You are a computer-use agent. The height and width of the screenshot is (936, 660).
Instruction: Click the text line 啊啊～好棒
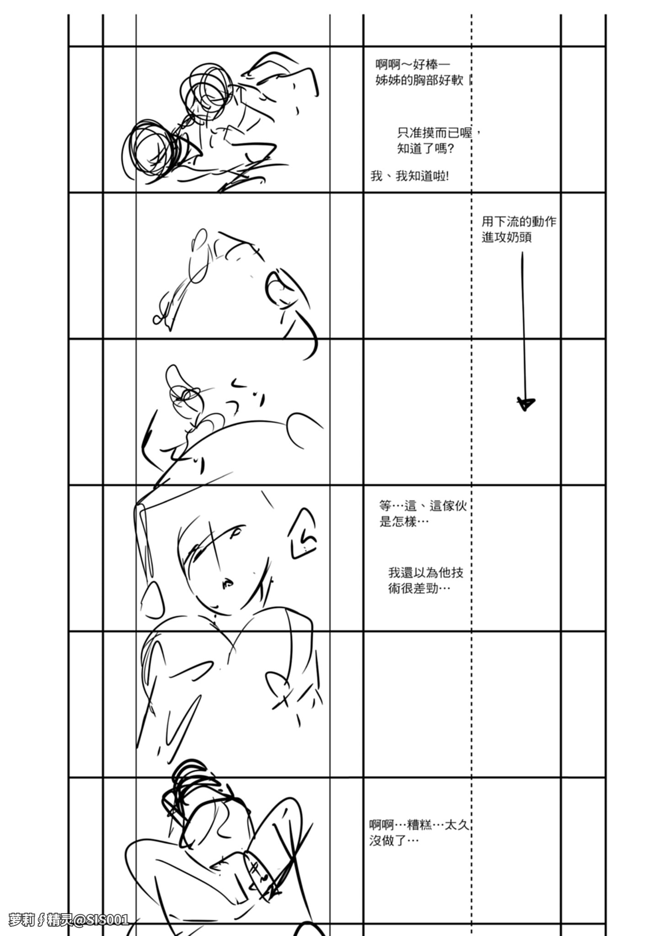[413, 64]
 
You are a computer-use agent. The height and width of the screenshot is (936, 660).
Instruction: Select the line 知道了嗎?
[425, 149]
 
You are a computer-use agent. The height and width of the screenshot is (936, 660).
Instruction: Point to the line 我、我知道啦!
[410, 176]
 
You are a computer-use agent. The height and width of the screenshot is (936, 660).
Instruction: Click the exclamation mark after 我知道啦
[446, 176]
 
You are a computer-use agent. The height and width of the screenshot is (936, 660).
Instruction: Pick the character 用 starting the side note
[488, 222]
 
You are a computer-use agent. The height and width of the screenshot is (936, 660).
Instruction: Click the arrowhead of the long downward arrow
[526, 403]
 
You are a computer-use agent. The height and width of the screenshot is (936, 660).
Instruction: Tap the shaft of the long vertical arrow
[524, 320]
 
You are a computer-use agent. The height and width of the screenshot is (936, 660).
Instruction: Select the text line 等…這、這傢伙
[423, 506]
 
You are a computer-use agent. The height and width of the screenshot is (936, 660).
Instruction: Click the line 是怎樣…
[404, 521]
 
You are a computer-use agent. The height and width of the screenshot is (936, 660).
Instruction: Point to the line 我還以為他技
[426, 572]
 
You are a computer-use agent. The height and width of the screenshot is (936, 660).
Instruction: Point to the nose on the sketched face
[226, 583]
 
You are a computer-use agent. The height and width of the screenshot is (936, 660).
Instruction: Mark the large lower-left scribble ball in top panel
[151, 149]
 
